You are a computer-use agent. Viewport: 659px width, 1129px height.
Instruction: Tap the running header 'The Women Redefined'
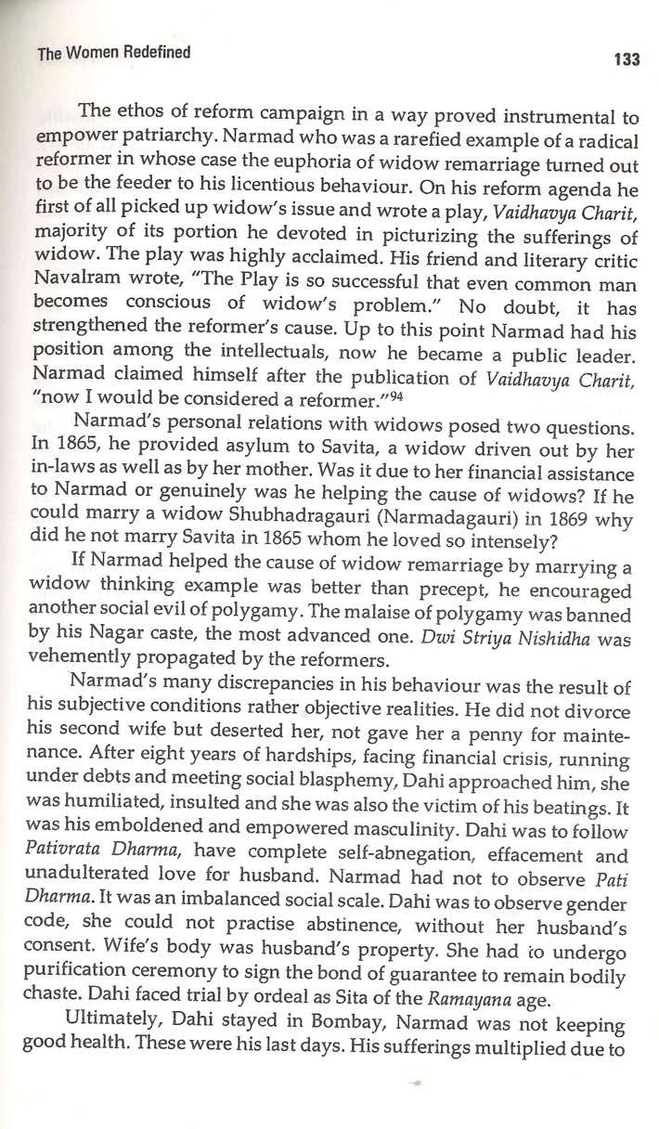point(113,53)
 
